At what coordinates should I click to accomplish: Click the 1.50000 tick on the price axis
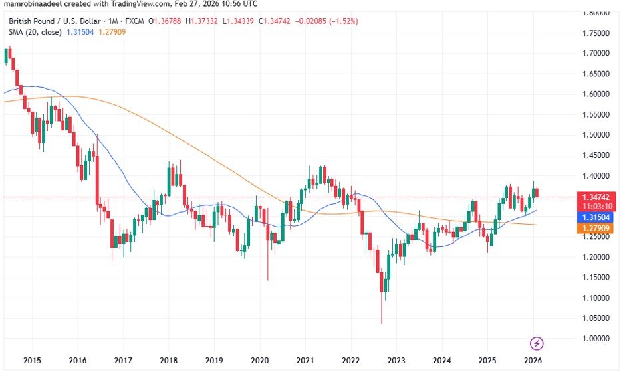pos(596,135)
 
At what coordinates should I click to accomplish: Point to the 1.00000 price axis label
pos(596,339)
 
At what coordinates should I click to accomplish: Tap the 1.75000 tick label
pos(596,33)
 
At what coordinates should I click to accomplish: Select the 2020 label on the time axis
pos(259,361)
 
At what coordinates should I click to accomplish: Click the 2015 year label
pos(32,361)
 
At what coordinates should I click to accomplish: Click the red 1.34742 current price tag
pos(596,197)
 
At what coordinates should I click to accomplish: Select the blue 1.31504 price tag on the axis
pos(596,217)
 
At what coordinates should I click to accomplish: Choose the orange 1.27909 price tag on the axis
pos(596,229)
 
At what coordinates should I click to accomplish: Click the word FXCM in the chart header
pos(134,21)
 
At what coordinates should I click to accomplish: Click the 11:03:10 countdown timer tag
pos(596,207)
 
